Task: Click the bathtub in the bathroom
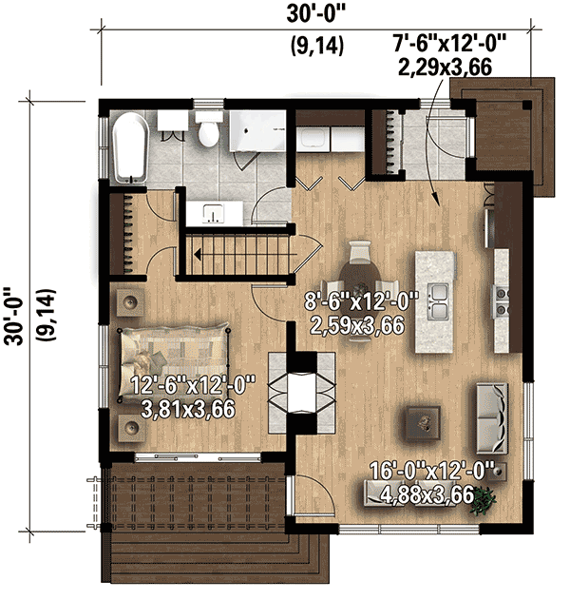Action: pos(127,147)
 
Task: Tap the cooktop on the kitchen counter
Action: pos(500,297)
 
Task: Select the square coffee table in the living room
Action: pos(421,418)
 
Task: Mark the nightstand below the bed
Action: pos(127,427)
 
